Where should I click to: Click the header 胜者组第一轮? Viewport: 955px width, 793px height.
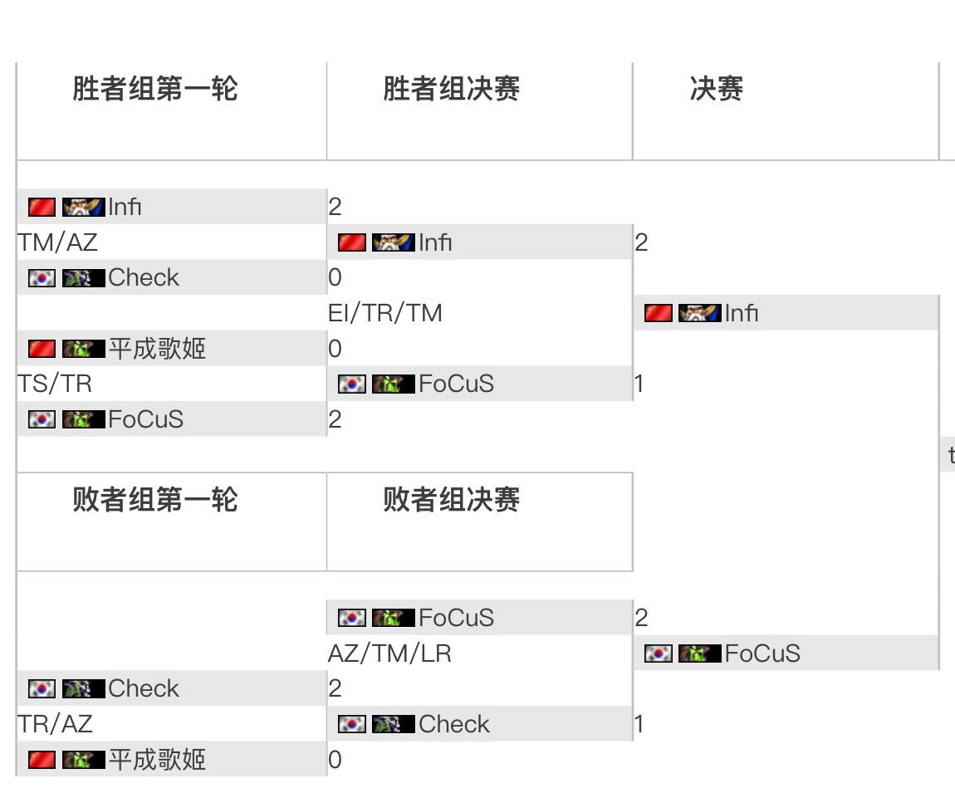tap(155, 89)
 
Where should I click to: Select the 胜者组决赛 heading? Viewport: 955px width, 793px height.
tap(452, 89)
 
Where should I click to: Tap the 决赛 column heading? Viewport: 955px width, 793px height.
tap(716, 89)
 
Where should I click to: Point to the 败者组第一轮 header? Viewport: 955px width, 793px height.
tap(155, 499)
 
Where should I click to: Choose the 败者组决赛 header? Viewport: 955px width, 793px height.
tap(452, 499)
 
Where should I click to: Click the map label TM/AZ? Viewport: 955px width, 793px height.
tap(57, 242)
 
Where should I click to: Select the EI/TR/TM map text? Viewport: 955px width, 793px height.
tap(385, 313)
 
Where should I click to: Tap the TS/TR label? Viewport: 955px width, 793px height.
tap(55, 384)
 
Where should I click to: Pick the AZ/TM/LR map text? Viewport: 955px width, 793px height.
tap(389, 653)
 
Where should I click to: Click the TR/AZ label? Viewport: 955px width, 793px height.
tap(55, 724)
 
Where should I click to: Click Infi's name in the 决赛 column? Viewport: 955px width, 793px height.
tap(742, 313)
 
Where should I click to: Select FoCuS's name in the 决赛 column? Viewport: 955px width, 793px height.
tap(762, 653)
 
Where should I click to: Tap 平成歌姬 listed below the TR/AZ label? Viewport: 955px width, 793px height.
tap(157, 760)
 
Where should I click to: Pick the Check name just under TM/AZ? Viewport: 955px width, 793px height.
tap(144, 277)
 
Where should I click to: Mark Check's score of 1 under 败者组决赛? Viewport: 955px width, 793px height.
tap(639, 724)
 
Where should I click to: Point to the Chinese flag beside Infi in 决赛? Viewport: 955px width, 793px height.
tap(659, 313)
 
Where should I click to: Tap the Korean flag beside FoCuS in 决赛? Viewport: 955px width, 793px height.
tap(659, 653)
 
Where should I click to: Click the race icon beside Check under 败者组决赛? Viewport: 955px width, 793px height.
tap(393, 724)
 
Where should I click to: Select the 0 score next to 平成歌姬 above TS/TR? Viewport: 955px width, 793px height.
tap(335, 349)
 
